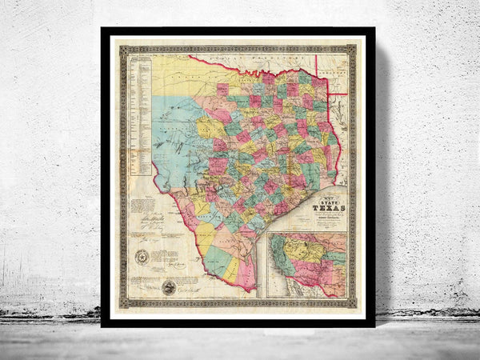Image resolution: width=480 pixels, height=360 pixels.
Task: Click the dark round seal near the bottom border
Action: pyautogui.click(x=168, y=287)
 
